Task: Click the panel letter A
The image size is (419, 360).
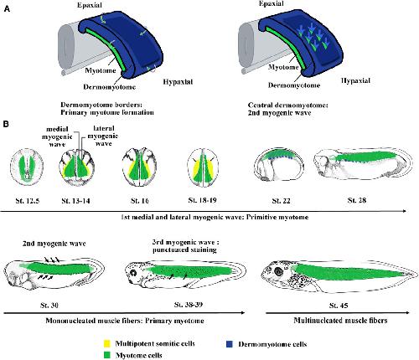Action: (x=7, y=9)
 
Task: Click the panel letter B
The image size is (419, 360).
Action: (x=6, y=124)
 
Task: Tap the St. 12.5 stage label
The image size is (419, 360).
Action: (x=28, y=201)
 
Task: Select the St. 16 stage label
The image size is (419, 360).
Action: (x=140, y=201)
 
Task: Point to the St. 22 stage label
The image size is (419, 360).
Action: (x=281, y=201)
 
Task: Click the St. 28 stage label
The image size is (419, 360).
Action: (x=357, y=200)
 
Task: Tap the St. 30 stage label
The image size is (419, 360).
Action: (x=49, y=305)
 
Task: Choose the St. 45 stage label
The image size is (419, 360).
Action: (x=339, y=306)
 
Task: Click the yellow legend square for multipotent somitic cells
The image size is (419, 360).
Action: (x=107, y=343)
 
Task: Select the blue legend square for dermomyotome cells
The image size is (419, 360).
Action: (x=229, y=344)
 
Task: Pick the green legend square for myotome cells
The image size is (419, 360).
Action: (x=107, y=355)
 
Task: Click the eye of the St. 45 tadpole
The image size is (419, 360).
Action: (x=278, y=271)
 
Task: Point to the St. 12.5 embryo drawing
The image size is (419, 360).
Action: (x=27, y=167)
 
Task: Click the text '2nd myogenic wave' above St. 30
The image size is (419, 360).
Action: (x=54, y=244)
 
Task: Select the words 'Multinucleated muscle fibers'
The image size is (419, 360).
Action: (x=340, y=321)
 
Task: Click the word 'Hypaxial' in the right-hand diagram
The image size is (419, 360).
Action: (x=355, y=80)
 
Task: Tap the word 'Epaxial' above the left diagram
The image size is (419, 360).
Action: (x=90, y=5)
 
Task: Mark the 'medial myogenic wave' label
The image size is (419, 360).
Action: (x=57, y=136)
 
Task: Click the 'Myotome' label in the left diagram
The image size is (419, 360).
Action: (x=101, y=70)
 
